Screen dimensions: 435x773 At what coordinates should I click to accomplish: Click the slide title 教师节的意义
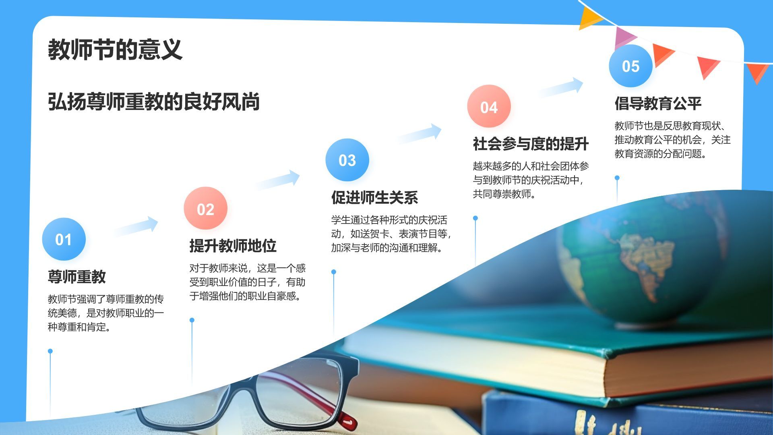click(x=115, y=50)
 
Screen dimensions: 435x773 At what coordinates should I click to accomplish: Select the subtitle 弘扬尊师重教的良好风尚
click(x=153, y=101)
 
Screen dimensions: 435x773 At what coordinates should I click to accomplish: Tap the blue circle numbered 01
click(x=64, y=239)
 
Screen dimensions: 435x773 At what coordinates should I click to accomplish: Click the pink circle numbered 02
click(x=205, y=209)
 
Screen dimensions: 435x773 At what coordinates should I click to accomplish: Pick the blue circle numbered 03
click(x=347, y=160)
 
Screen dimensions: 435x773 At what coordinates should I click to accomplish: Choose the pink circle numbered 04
click(x=489, y=107)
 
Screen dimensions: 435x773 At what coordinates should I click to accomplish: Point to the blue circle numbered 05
click(x=630, y=66)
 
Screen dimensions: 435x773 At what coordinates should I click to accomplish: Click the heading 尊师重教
click(x=77, y=277)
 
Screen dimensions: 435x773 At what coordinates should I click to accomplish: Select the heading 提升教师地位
click(x=233, y=246)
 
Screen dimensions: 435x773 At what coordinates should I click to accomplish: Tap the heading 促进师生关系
click(x=374, y=197)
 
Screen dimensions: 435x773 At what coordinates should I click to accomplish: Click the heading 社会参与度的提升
click(x=531, y=144)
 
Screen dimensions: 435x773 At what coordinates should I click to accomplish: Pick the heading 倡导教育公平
click(x=658, y=104)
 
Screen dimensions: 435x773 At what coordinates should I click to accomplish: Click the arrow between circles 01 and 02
click(x=137, y=226)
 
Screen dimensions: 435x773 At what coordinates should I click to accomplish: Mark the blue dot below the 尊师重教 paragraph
click(x=50, y=351)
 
